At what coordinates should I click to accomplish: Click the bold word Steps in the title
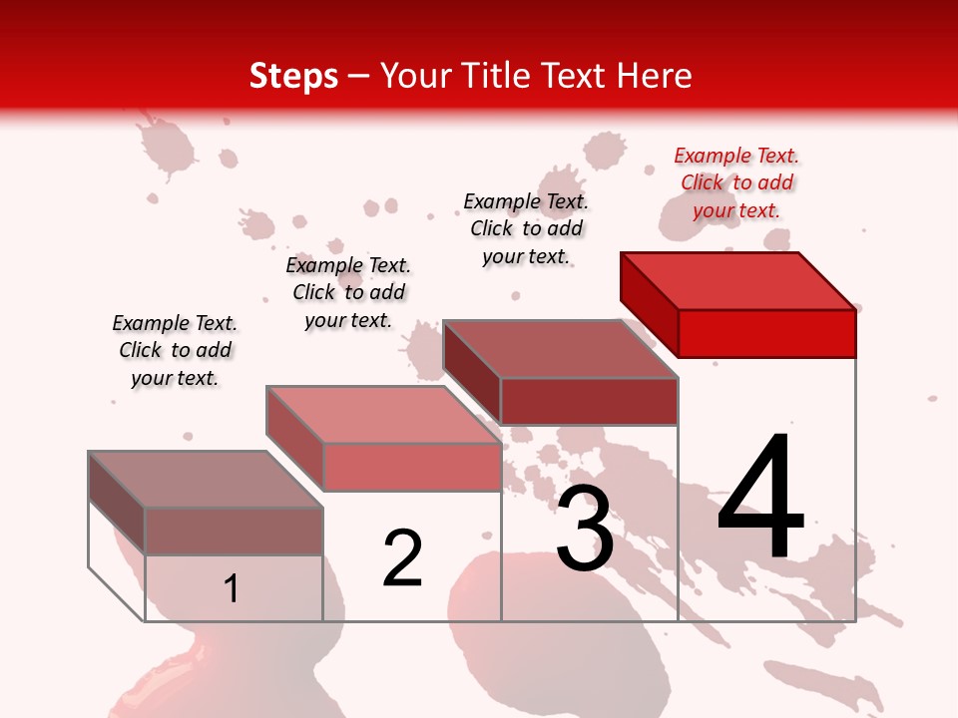coord(293,76)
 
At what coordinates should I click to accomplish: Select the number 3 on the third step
coord(585,529)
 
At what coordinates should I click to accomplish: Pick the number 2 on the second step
coord(403,558)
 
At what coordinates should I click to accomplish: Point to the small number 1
coord(232,588)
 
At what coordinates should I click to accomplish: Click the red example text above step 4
coord(736,182)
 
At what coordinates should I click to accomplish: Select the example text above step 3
coord(526,228)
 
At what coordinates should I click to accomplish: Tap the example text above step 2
coord(348,292)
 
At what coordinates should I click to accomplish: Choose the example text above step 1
coord(175,350)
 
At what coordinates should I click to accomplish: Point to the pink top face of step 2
coord(383,415)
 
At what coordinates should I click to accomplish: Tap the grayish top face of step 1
coord(206,480)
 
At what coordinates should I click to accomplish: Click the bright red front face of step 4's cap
coord(766,333)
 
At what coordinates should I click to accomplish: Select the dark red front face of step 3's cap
coord(589,401)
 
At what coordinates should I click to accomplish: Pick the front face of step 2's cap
coord(411,467)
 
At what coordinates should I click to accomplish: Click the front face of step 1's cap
coord(234,532)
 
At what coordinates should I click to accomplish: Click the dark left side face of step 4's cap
coord(649,304)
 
